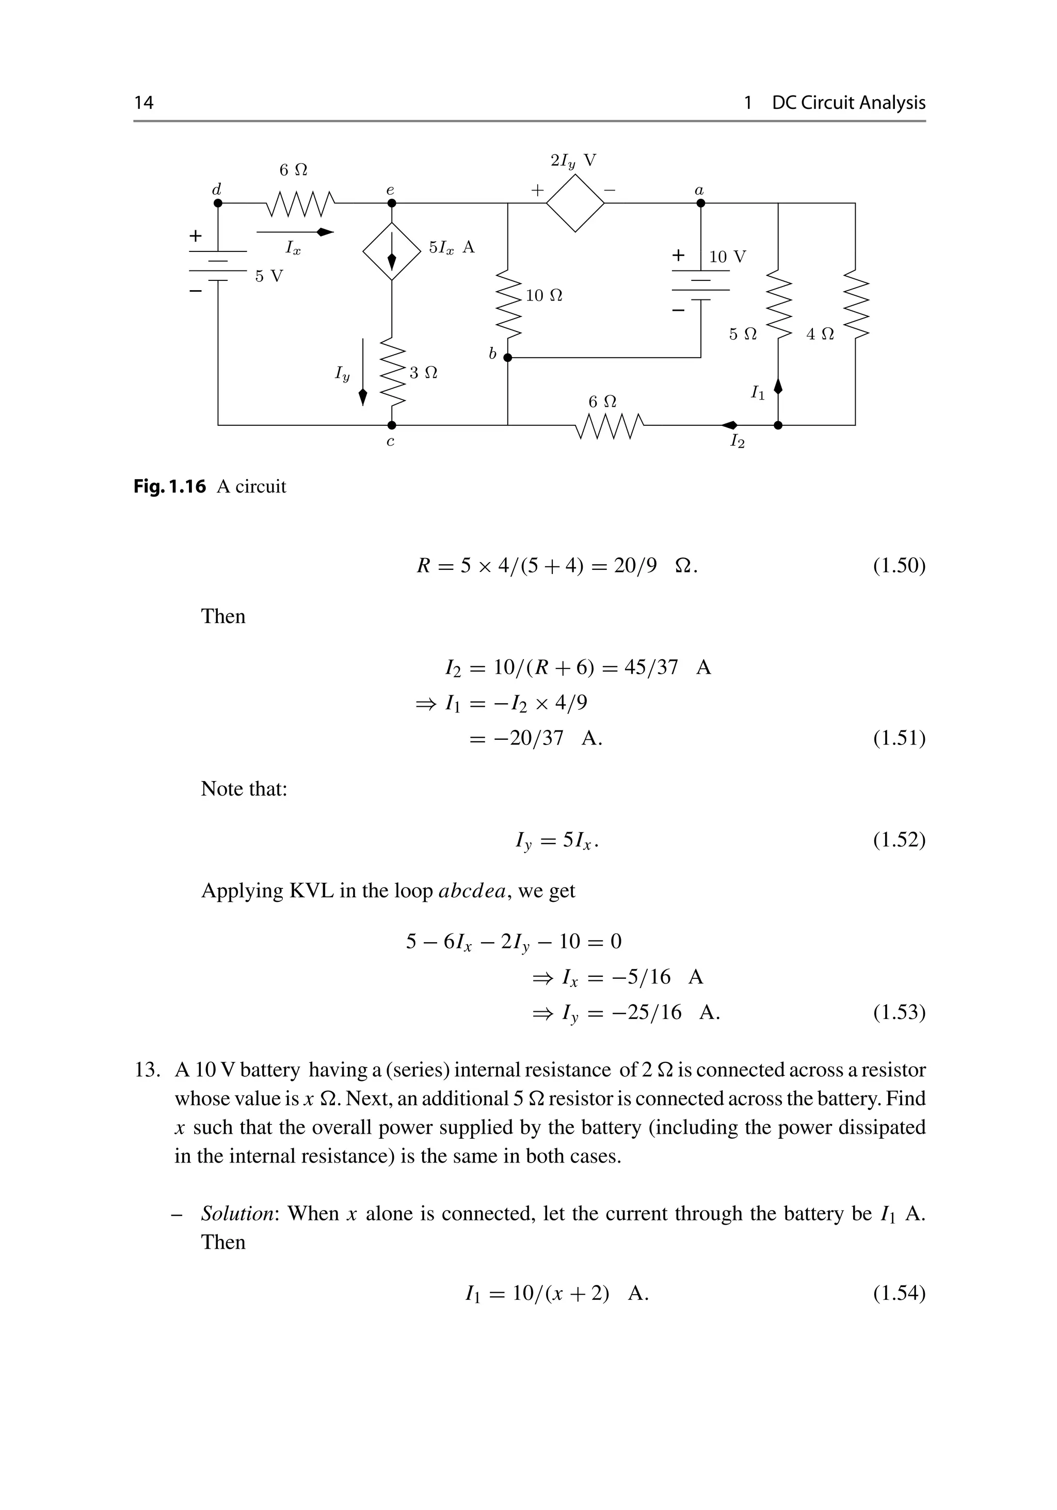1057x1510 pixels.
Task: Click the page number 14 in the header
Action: click(x=144, y=103)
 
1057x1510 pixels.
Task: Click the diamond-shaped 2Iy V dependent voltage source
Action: click(x=575, y=203)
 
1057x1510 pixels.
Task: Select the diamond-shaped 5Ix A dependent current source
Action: click(x=392, y=251)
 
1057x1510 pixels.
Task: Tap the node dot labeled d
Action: click(x=218, y=203)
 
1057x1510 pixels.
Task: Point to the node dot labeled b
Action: click(x=507, y=358)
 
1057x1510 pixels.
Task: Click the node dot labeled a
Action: click(x=701, y=203)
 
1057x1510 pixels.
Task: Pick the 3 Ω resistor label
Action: click(x=423, y=373)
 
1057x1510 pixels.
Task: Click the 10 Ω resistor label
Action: click(x=544, y=296)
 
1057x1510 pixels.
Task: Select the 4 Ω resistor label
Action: click(x=820, y=334)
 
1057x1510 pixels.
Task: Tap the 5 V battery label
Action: click(x=269, y=276)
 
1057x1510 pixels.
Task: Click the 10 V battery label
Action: click(x=728, y=257)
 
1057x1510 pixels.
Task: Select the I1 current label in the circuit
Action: click(x=758, y=393)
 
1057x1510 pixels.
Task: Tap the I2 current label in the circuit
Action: click(x=738, y=441)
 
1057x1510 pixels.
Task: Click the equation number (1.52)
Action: click(x=899, y=840)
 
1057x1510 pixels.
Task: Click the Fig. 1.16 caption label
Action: click(x=170, y=487)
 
